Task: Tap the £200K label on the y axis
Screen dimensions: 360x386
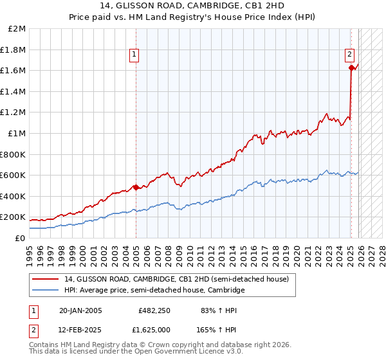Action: click(x=14, y=217)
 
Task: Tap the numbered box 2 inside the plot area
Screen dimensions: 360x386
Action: click(x=349, y=55)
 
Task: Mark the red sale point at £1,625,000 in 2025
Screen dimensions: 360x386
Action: click(x=351, y=67)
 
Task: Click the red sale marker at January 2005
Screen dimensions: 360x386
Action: click(x=136, y=188)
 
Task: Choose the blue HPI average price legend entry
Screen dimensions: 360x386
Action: click(x=154, y=291)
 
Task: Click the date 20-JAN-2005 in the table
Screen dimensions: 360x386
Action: click(x=80, y=310)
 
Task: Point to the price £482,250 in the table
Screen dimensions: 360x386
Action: click(x=154, y=310)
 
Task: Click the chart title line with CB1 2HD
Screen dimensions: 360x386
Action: click(x=192, y=6)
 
